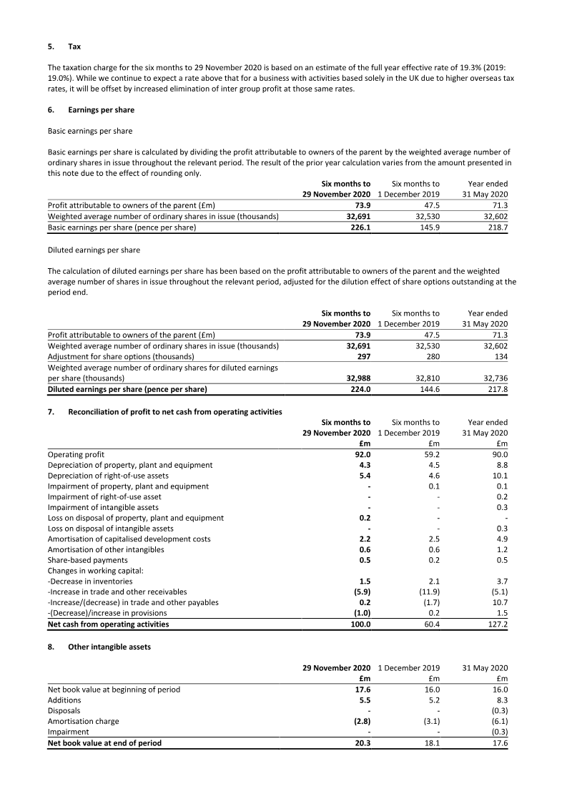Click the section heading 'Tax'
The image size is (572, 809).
click(x=74, y=46)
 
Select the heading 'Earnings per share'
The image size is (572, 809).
click(x=101, y=109)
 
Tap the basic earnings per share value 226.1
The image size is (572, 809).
click(x=359, y=228)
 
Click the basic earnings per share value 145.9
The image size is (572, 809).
click(x=428, y=228)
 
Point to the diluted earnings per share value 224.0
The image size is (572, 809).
click(x=359, y=389)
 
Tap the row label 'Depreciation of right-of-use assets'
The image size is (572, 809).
click(x=108, y=475)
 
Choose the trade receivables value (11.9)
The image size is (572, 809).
click(x=426, y=592)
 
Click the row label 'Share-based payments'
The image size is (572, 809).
click(x=87, y=560)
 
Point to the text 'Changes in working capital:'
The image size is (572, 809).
click(x=95, y=571)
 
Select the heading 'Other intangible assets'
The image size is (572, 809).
click(x=110, y=647)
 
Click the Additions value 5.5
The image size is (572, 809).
click(x=362, y=700)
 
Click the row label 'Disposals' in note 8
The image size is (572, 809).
click(x=64, y=711)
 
